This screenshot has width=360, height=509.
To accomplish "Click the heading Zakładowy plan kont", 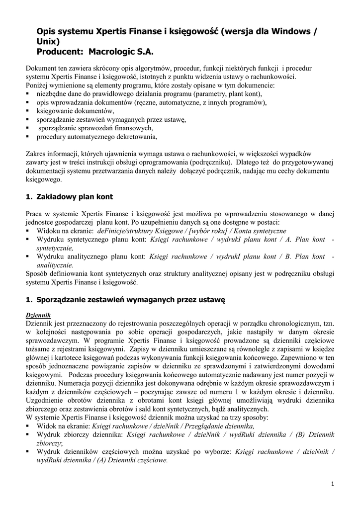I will point(75,197).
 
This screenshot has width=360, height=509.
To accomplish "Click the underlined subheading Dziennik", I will point(39,316).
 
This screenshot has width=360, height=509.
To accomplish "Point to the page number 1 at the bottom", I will point(332,485).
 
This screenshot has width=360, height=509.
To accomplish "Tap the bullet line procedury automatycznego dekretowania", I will point(96,137).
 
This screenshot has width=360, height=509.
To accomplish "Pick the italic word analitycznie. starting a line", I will point(55,265).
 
